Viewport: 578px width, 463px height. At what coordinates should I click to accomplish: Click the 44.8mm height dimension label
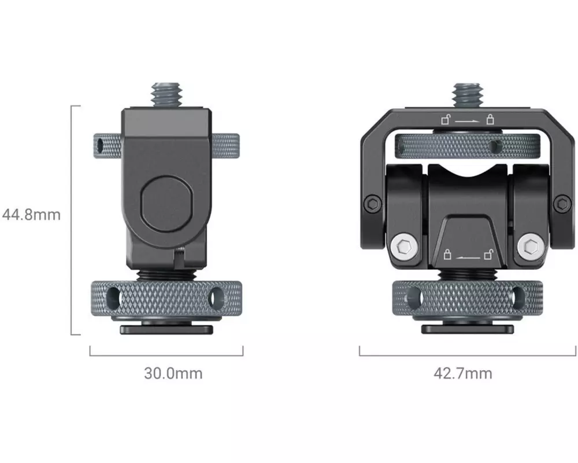[31, 214]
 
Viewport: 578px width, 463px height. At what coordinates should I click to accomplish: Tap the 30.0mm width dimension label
[173, 373]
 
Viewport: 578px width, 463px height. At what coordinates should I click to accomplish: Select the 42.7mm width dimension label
[463, 373]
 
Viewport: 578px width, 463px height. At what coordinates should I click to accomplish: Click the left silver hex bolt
[405, 246]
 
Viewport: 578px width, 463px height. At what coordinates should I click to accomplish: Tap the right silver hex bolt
[531, 246]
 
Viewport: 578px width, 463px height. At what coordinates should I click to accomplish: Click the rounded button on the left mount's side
[166, 204]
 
